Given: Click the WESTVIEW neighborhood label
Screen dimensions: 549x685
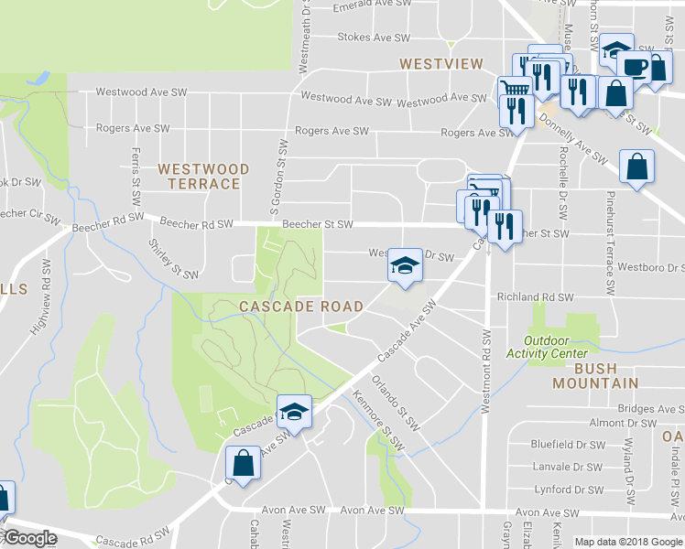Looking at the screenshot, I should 440,63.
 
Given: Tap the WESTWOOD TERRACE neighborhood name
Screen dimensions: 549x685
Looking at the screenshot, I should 202,177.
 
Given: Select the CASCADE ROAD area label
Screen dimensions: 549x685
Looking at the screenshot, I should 301,306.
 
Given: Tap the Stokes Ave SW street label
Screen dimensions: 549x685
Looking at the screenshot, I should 374,38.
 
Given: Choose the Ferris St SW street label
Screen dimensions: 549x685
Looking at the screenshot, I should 136,170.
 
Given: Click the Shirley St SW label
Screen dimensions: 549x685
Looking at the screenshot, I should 173,259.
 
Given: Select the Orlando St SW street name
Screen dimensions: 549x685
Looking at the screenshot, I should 396,403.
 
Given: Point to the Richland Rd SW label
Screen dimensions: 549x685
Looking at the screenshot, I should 535,297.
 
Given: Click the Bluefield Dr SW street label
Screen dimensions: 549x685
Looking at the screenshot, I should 569,445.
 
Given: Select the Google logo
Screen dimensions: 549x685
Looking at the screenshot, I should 29,538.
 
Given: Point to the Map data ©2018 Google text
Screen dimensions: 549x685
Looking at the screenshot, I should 627,542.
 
